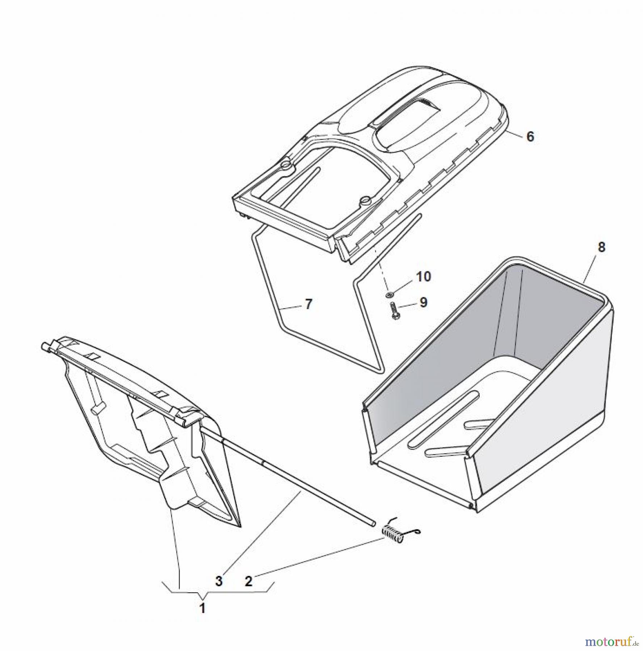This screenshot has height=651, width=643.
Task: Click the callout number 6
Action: pyautogui.click(x=530, y=137)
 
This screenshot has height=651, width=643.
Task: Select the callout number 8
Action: pyautogui.click(x=601, y=247)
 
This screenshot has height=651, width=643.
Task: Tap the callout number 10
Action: pyautogui.click(x=423, y=277)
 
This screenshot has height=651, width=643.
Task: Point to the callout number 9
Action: pyautogui.click(x=423, y=302)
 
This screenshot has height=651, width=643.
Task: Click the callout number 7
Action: pyautogui.click(x=308, y=304)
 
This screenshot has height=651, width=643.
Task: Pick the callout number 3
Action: pyautogui.click(x=219, y=581)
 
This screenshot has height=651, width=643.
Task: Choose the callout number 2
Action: pyautogui.click(x=248, y=581)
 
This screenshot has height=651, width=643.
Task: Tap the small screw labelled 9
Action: pyautogui.click(x=395, y=311)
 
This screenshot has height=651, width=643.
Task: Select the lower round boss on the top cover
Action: pyautogui.click(x=366, y=200)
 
